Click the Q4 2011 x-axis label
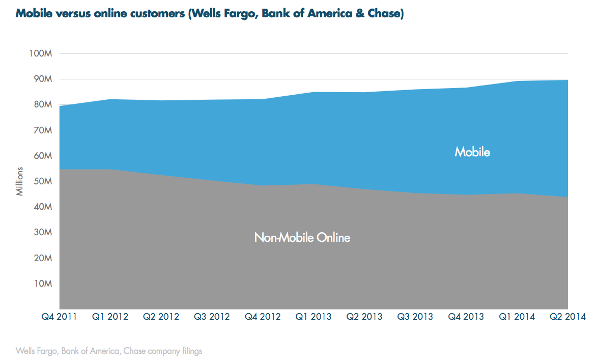[59, 317]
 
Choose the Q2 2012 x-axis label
[161, 317]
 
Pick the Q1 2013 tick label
[314, 317]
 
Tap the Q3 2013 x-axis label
[415, 317]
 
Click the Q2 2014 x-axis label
[568, 317]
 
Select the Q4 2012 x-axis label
[263, 317]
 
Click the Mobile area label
[472, 152]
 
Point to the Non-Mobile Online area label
[302, 237]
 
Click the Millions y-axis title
[20, 181]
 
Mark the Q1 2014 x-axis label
[517, 317]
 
